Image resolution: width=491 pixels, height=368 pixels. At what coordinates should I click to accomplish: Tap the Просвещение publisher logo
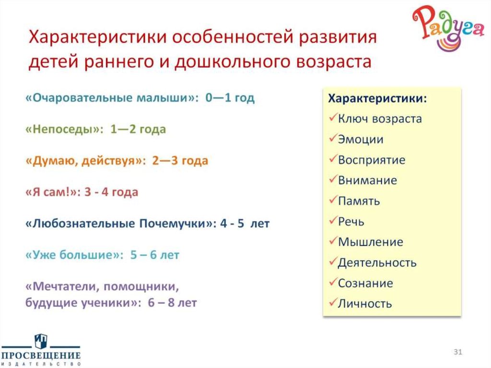click(x=40, y=350)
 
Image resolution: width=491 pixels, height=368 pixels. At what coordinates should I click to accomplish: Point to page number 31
click(x=457, y=353)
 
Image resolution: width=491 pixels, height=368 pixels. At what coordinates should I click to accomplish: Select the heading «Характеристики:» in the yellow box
click(x=377, y=98)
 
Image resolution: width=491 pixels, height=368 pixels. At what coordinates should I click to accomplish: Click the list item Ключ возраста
click(x=380, y=119)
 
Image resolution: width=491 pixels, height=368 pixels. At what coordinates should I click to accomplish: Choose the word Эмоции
click(x=361, y=139)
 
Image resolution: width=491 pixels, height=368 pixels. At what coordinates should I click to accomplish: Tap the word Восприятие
click(x=372, y=160)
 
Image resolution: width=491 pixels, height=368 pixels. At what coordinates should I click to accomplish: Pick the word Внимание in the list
click(x=367, y=180)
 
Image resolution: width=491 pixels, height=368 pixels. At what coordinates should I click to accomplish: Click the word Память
click(x=359, y=201)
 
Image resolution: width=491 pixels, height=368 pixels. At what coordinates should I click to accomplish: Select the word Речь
click(x=351, y=221)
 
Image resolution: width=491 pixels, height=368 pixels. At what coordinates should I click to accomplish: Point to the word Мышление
click(x=371, y=242)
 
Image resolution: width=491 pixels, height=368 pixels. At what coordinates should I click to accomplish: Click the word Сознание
click(x=365, y=283)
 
